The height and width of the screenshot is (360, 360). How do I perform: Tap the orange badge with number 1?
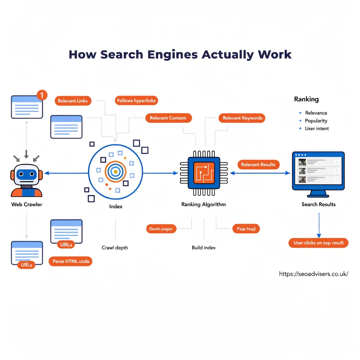(x=41, y=95)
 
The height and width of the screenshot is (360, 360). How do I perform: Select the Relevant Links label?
(x=73, y=101)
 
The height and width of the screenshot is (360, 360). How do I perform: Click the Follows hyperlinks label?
(x=136, y=101)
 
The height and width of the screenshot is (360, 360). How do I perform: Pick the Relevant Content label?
(x=168, y=118)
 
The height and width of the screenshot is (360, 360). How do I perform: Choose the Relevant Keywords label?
(x=242, y=118)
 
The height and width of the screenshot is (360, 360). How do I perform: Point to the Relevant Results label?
(x=258, y=165)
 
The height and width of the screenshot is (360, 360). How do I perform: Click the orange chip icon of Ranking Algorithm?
(x=204, y=173)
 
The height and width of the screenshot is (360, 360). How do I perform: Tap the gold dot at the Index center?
(x=115, y=171)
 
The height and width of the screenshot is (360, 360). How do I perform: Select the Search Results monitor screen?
(x=318, y=171)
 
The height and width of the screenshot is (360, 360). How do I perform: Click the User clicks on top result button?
(x=319, y=243)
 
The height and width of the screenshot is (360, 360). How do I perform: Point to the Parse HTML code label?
(x=71, y=261)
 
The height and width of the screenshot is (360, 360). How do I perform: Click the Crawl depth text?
(x=115, y=247)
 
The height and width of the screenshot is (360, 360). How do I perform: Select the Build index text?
(x=204, y=247)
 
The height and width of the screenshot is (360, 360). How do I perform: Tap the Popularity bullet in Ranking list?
(x=316, y=121)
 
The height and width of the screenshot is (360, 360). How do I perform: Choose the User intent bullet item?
(x=317, y=128)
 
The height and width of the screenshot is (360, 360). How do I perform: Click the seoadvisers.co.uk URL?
(x=314, y=274)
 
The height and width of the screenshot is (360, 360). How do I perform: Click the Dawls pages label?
(x=161, y=229)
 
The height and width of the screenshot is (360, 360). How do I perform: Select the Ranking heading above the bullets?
(x=306, y=99)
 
